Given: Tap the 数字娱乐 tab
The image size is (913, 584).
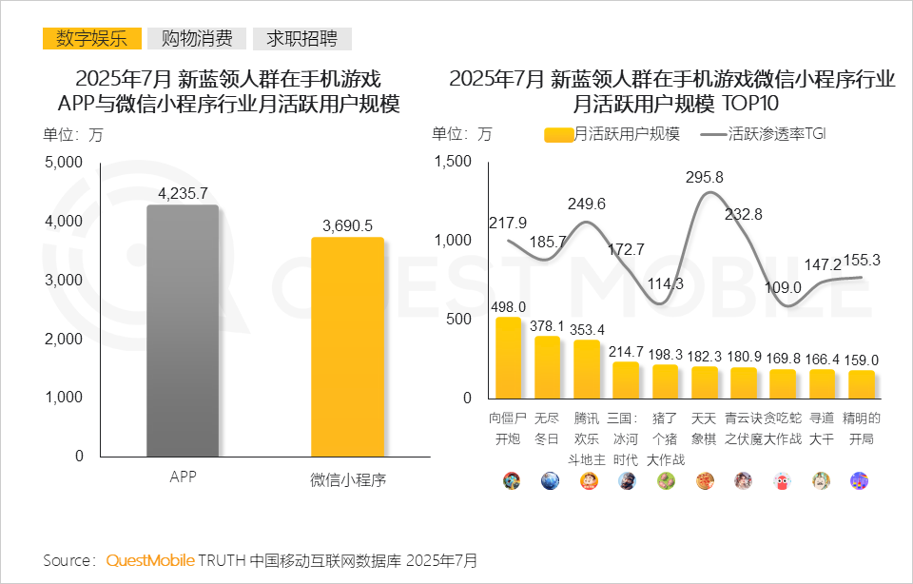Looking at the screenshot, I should [91, 39].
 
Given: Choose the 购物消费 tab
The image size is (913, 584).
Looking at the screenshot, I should [197, 39].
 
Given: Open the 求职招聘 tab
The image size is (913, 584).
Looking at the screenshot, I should [301, 39].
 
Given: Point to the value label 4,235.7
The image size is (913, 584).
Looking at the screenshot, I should [183, 193].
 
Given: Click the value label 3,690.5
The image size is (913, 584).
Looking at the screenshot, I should [347, 225].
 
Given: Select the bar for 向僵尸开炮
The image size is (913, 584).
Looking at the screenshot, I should [508, 359].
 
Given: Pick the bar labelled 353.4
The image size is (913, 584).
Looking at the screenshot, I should [587, 369].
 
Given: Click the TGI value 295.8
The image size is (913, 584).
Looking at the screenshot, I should [704, 177].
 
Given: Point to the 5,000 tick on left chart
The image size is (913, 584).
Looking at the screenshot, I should [65, 163].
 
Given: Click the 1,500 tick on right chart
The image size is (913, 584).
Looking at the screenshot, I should [452, 162].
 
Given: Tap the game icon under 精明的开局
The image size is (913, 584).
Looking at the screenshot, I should [861, 480].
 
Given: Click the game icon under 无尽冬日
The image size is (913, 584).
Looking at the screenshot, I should [548, 480].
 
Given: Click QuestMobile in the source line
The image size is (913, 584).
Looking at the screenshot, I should [150, 559].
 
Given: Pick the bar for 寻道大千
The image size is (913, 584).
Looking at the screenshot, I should [822, 383].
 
